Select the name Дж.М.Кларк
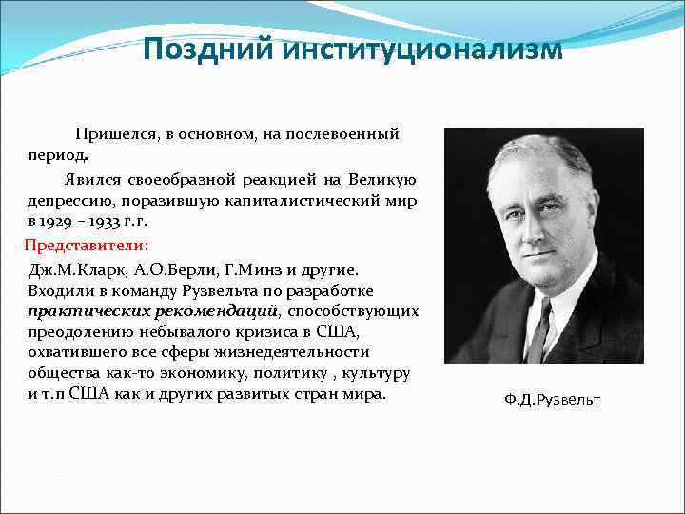[x=72, y=269]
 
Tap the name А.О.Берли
[x=166, y=269]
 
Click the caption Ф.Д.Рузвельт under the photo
[x=553, y=400]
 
